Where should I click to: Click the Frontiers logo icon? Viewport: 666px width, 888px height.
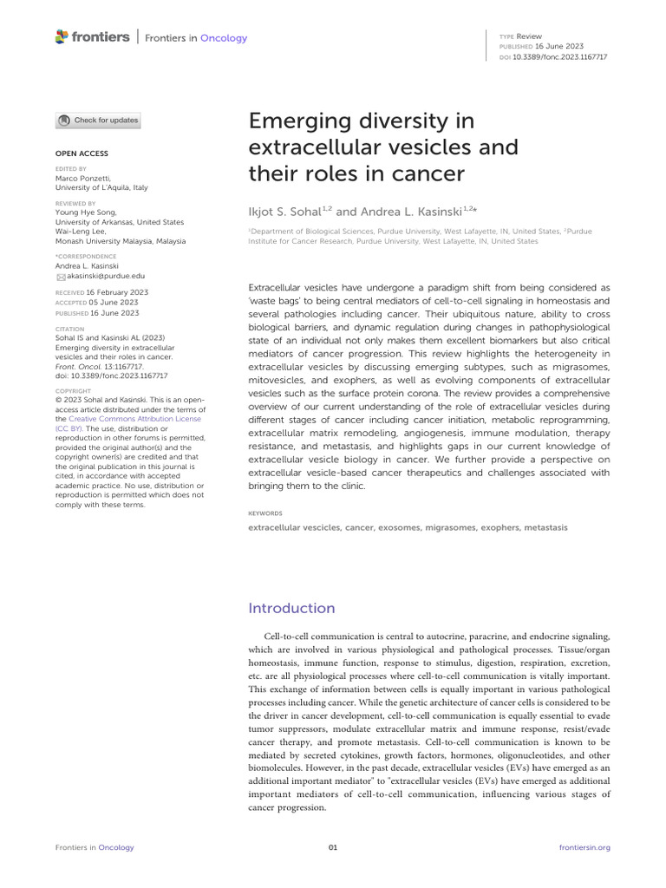(61, 36)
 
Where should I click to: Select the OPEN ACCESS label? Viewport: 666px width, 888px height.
(82, 153)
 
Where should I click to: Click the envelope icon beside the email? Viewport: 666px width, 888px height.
(61, 277)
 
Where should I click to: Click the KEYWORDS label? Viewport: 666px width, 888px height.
(265, 513)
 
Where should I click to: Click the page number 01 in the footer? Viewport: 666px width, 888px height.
(332, 847)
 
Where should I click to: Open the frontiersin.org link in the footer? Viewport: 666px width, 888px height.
(585, 847)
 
